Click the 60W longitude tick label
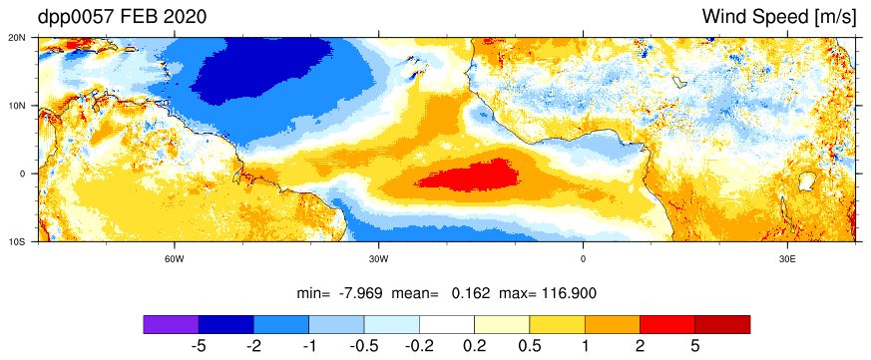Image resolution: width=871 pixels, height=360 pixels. (175, 259)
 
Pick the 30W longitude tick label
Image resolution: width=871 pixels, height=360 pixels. (379, 259)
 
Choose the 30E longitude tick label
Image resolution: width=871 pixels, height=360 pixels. (787, 259)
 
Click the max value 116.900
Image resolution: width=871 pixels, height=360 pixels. (567, 293)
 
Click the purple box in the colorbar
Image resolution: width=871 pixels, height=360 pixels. (171, 324)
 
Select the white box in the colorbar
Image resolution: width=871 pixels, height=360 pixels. (447, 324)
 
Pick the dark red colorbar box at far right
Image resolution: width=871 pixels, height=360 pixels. (722, 324)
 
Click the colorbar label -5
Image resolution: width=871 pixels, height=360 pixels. (199, 346)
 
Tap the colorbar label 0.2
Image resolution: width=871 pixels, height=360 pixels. (474, 346)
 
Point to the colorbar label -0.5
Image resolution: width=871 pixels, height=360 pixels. (364, 346)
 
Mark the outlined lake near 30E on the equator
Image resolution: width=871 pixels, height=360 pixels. (806, 181)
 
